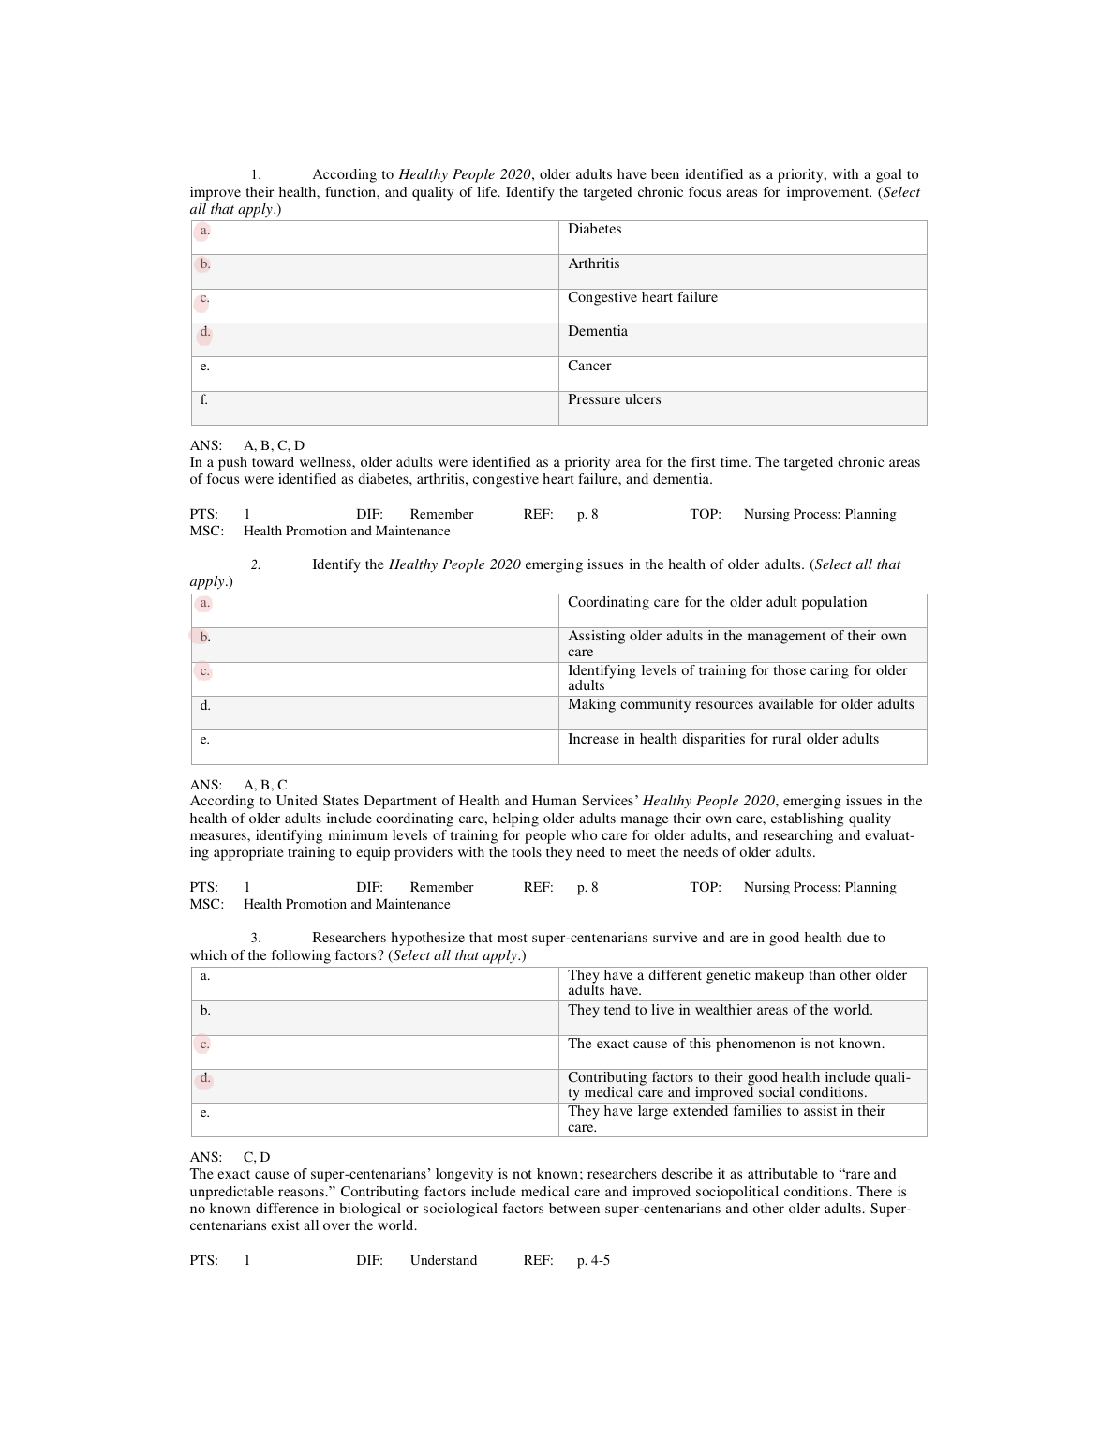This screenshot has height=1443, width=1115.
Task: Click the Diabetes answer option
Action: click(x=594, y=230)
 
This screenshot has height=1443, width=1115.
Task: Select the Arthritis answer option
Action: click(x=593, y=264)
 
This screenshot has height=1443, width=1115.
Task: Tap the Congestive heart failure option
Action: click(x=642, y=298)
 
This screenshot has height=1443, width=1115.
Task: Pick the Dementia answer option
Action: click(x=597, y=332)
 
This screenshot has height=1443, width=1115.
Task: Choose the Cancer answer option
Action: click(x=588, y=367)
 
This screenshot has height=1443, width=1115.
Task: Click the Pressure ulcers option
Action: click(x=614, y=400)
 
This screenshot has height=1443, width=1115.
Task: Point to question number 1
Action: click(x=255, y=175)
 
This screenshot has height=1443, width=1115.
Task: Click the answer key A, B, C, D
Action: click(x=274, y=446)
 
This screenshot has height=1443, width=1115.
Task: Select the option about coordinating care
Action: click(x=717, y=603)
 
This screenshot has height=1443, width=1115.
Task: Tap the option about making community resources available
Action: click(x=740, y=705)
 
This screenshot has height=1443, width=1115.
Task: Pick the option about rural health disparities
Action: click(x=722, y=740)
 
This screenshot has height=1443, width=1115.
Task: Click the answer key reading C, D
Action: click(x=257, y=1158)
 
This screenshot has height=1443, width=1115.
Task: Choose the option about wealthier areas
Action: click(x=720, y=1011)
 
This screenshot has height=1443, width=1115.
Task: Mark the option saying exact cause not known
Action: click(x=725, y=1045)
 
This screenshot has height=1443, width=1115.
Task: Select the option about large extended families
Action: click(x=726, y=1120)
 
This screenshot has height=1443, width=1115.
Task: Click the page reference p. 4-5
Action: click(x=593, y=1261)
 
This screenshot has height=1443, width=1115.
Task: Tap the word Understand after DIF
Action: click(x=443, y=1261)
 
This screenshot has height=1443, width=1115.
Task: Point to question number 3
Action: click(x=255, y=939)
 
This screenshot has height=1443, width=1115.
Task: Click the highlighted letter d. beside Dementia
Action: click(x=204, y=332)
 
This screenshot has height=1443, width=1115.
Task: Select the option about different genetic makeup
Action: click(x=736, y=983)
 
